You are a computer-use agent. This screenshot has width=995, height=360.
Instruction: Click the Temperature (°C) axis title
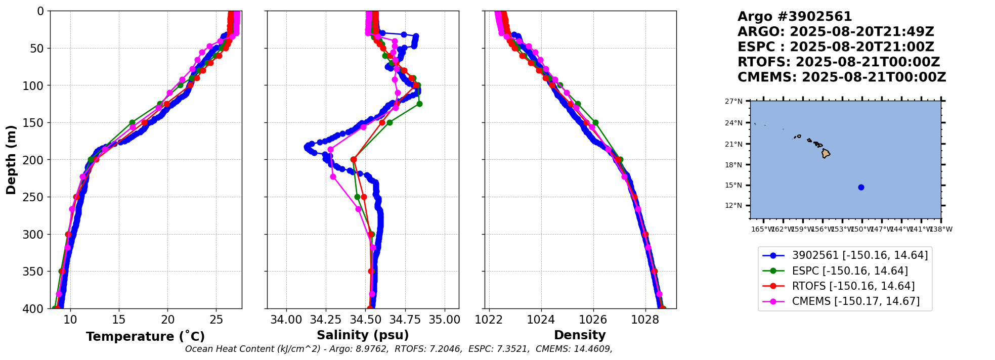[145, 337]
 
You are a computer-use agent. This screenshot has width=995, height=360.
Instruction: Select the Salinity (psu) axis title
[363, 335]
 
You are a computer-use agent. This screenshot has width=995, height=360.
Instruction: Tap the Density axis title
[580, 335]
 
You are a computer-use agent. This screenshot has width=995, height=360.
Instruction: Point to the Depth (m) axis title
[11, 160]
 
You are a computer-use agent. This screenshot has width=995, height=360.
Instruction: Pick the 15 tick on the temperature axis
[119, 320]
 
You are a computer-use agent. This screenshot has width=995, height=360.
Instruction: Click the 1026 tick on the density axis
[593, 320]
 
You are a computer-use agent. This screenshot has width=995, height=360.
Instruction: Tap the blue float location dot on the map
[861, 187]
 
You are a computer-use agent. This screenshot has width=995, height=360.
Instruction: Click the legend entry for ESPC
[849, 271]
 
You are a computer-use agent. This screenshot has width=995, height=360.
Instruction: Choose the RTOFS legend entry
[853, 286]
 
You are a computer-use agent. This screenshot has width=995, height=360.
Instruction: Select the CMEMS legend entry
[855, 301]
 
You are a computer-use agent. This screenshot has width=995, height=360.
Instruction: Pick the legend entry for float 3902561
[859, 256]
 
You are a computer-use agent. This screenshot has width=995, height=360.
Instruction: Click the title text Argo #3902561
[795, 17]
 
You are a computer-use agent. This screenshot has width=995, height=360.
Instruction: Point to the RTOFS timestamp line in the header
[838, 62]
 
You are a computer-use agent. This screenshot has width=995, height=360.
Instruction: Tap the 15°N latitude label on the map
[733, 185]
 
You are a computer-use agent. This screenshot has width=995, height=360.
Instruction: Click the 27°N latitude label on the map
[733, 101]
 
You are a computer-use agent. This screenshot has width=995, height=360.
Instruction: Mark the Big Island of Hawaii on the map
[826, 153]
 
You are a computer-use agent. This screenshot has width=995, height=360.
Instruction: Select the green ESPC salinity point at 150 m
[390, 122]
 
